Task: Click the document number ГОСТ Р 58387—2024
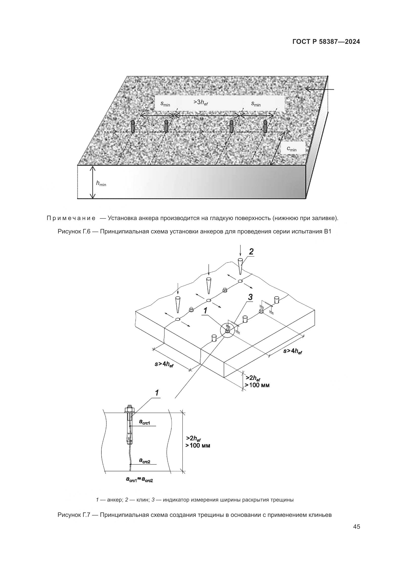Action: (x=326, y=42)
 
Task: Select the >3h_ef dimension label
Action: (x=201, y=102)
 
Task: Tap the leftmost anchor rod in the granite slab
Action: (x=133, y=126)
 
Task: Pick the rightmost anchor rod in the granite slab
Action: (x=265, y=126)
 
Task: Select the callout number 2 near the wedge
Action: (x=251, y=252)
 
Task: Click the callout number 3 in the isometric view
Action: (x=250, y=297)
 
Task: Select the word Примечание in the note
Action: (x=71, y=218)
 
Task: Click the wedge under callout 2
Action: (x=240, y=266)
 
